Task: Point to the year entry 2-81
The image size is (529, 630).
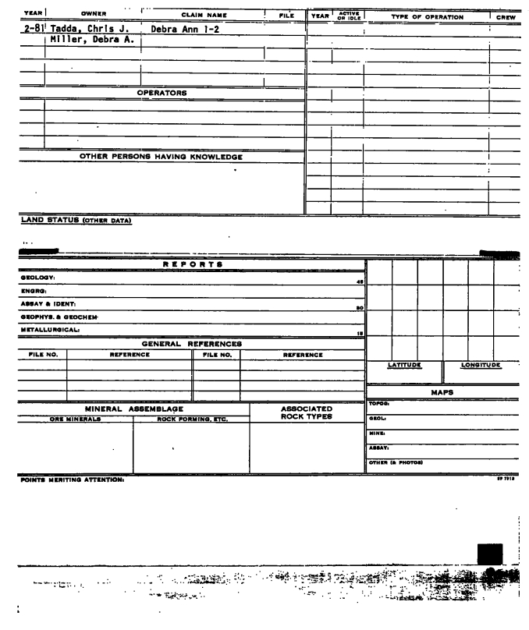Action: coord(32,30)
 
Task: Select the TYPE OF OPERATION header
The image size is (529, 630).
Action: coord(426,16)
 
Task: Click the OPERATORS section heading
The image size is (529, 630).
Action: coord(162,93)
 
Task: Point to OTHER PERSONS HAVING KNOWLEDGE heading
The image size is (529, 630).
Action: coord(161,157)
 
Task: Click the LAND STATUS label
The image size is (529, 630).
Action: coord(76,220)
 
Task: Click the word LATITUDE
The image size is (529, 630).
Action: coord(405,365)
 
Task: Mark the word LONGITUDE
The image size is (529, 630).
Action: coord(481,365)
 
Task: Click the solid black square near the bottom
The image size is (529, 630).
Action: coord(489,554)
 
